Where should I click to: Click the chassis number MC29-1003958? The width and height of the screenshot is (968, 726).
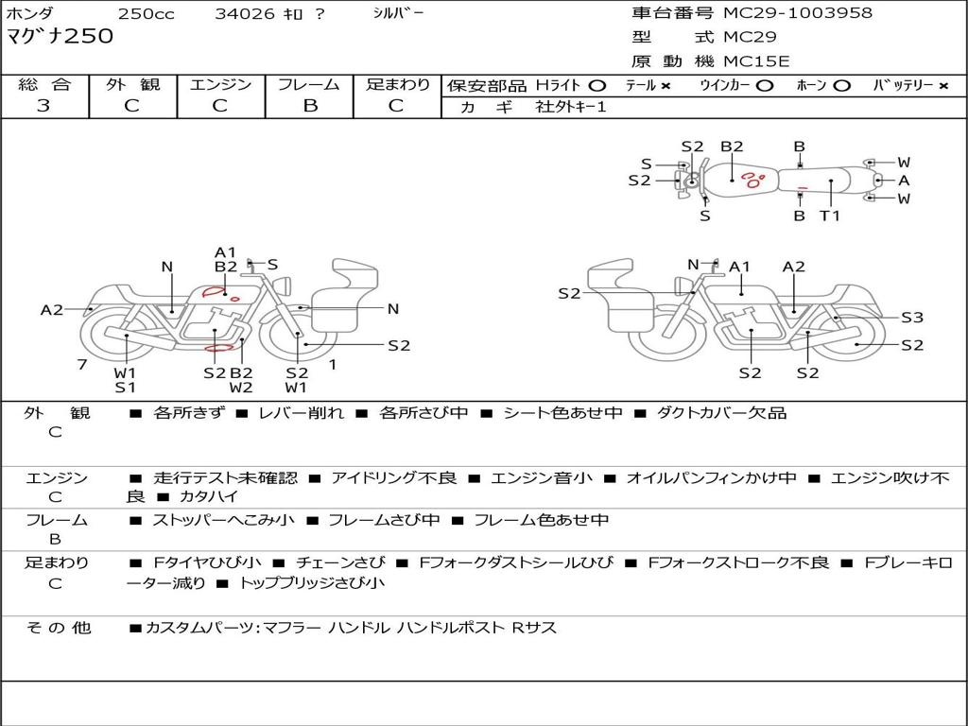click(x=798, y=13)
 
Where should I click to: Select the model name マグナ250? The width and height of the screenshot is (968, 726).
click(x=60, y=37)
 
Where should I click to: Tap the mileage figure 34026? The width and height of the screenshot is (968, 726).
click(x=245, y=14)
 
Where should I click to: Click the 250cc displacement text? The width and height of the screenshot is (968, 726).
click(x=146, y=14)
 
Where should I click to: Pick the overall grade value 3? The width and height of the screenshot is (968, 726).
click(x=43, y=106)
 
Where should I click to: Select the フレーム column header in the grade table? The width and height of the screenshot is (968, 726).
click(x=308, y=84)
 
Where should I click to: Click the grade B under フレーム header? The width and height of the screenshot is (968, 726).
click(x=309, y=106)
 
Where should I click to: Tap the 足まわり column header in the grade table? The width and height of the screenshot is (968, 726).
click(x=397, y=84)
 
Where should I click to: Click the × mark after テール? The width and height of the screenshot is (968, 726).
click(x=665, y=85)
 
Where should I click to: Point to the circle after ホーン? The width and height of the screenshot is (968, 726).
click(x=841, y=85)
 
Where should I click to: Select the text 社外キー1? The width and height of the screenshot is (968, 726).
click(x=571, y=107)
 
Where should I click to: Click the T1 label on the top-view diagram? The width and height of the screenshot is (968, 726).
click(x=830, y=216)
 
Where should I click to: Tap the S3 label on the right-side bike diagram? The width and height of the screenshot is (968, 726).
click(x=911, y=318)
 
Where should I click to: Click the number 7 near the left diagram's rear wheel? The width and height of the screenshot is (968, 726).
click(x=82, y=364)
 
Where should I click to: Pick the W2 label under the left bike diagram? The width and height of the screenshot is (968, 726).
click(x=241, y=387)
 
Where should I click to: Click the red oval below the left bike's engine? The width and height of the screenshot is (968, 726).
click(x=219, y=348)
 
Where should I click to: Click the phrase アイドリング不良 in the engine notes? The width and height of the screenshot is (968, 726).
click(x=393, y=478)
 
